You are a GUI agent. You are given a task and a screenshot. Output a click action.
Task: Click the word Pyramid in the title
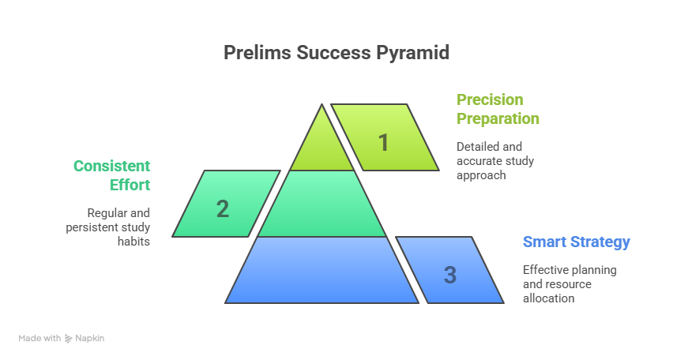click(413, 53)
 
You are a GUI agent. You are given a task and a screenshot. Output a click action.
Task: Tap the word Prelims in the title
click(258, 52)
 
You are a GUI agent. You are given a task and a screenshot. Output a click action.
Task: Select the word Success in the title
click(333, 52)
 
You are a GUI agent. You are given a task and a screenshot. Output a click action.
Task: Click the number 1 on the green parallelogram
click(384, 142)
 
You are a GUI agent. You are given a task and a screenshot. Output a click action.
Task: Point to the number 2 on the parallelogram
click(222, 209)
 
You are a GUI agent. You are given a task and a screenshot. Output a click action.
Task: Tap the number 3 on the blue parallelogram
click(449, 275)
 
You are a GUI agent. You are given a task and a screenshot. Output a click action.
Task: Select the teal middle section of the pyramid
click(322, 204)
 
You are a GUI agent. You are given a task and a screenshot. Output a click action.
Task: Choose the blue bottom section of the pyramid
click(321, 270)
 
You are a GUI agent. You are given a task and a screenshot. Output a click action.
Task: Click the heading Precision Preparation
click(498, 109)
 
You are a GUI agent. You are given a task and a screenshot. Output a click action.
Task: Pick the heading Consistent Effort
click(111, 175)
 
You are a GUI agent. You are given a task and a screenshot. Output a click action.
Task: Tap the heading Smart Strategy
click(576, 242)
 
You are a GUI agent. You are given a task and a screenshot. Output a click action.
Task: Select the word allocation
click(548, 298)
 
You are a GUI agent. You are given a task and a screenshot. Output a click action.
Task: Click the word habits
click(134, 242)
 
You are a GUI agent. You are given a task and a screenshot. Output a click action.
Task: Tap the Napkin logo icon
click(68, 339)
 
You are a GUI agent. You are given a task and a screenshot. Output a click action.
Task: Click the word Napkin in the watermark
click(90, 338)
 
